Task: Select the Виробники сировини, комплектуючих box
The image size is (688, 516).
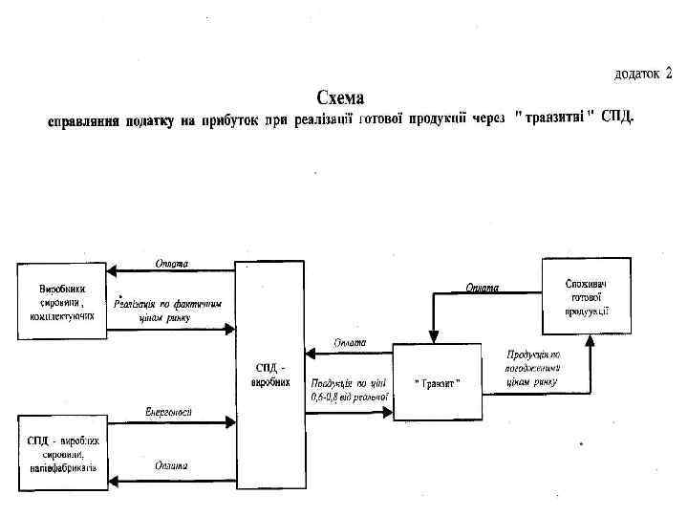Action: (59, 300)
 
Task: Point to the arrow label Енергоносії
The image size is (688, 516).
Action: (168, 411)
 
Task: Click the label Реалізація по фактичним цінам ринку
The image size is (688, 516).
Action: (168, 312)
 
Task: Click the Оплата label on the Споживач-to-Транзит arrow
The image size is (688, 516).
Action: (484, 287)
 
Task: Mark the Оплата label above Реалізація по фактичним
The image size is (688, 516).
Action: (170, 262)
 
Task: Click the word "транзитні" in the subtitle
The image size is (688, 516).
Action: (554, 118)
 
